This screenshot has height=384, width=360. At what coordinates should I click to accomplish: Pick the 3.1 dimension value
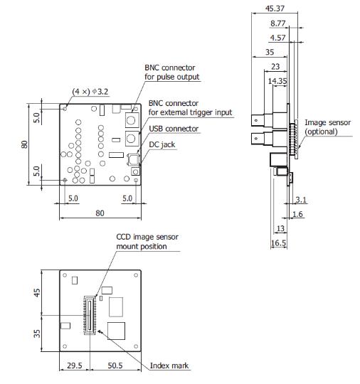coord(301,201)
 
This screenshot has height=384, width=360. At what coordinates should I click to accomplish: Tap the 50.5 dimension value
coord(117,367)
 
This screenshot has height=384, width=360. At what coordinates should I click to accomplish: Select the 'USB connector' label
coord(174,129)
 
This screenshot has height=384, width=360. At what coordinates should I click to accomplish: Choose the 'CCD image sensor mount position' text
coord(142,242)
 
